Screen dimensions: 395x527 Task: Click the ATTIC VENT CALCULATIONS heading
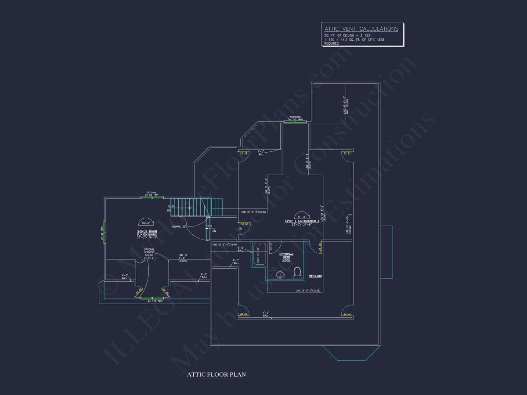361,29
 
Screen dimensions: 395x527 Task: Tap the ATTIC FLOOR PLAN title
216,375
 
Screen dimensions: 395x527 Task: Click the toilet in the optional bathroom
297,273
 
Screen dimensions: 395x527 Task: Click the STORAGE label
315,276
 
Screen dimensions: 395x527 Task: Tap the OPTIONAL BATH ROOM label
286,257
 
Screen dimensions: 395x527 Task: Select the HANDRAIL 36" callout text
179,226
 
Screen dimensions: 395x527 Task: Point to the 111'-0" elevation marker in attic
302,216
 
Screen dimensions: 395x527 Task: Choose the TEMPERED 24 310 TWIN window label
295,118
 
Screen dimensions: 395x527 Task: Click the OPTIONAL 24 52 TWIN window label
152,194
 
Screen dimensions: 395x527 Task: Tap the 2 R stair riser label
210,228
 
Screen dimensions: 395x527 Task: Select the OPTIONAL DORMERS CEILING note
149,255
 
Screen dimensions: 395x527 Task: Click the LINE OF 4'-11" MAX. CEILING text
346,105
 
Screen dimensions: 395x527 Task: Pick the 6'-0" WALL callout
241,249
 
